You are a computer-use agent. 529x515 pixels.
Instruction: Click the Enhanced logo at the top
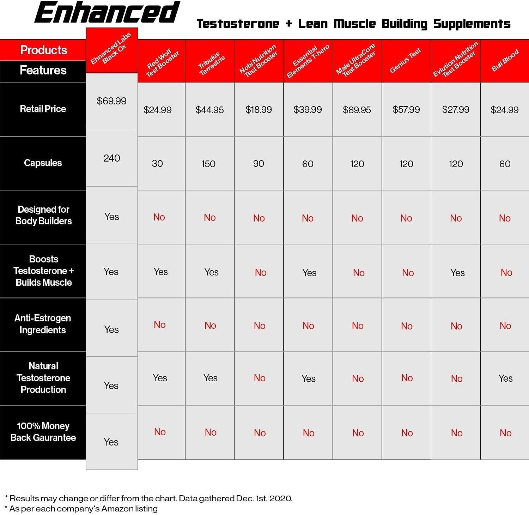107,13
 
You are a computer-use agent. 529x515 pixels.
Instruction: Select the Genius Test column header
406,61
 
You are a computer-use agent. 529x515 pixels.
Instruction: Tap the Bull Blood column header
505,61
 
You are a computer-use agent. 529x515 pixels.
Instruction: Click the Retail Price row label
43,109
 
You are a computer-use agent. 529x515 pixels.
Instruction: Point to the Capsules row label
43,163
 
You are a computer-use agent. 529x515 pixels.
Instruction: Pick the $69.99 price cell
111,101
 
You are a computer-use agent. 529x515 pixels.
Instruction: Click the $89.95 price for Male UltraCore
357,110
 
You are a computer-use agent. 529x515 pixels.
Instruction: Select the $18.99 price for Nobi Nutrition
259,110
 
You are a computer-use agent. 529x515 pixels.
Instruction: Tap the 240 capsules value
112,158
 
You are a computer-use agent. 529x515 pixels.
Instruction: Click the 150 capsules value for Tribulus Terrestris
208,164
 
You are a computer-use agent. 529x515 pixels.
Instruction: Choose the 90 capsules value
259,164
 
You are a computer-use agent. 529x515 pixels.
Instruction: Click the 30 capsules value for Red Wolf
157,164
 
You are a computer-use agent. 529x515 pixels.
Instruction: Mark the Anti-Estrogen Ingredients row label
43,324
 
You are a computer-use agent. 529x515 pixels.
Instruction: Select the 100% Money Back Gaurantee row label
43,432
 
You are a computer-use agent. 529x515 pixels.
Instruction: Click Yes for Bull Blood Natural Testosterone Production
505,378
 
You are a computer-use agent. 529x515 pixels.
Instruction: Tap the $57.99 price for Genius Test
406,110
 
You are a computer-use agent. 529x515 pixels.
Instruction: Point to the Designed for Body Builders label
43,215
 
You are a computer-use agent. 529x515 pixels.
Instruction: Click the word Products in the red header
43,50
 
